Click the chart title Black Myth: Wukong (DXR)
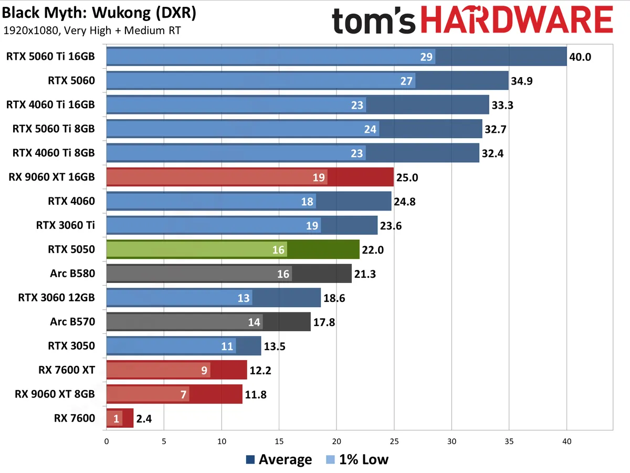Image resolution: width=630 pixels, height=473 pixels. point(99,13)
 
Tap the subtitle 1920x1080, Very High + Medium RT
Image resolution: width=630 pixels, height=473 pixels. point(92,30)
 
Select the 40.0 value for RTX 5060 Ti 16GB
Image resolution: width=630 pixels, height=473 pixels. point(580,57)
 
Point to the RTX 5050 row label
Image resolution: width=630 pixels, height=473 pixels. point(71,249)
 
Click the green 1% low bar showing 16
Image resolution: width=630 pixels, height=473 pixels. point(196,249)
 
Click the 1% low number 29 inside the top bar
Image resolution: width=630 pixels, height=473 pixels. point(427,57)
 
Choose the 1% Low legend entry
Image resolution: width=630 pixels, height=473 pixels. point(356,460)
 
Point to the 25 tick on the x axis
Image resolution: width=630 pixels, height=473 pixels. point(394,442)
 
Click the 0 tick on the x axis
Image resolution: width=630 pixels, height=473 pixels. point(107,442)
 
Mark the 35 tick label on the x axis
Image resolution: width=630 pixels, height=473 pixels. point(509,442)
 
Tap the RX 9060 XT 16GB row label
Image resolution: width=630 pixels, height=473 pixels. point(52,177)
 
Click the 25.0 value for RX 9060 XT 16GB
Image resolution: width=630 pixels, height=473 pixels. point(407,177)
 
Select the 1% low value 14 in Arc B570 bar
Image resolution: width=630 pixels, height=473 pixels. point(254,322)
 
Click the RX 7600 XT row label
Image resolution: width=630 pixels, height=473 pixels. point(67,370)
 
